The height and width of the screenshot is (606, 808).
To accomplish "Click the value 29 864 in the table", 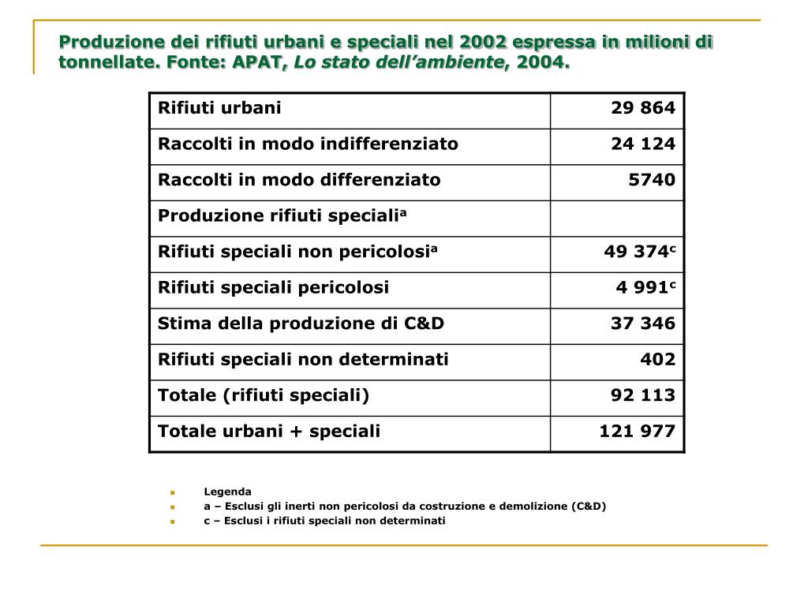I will pyautogui.click(x=643, y=108).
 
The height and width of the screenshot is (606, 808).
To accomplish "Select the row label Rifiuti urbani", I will pyautogui.click(x=219, y=108).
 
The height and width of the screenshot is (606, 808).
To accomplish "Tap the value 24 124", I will pyautogui.click(x=643, y=144).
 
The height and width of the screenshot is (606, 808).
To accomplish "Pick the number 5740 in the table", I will pyautogui.click(x=652, y=180).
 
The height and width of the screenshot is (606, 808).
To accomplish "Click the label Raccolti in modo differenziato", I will pyautogui.click(x=299, y=180).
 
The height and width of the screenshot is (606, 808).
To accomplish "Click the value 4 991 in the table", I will pyautogui.click(x=642, y=287).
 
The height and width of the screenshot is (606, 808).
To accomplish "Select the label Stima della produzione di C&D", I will pyautogui.click(x=301, y=324).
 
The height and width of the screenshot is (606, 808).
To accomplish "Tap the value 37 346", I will pyautogui.click(x=643, y=324).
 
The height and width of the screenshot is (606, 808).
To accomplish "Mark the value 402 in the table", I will pyautogui.click(x=658, y=360).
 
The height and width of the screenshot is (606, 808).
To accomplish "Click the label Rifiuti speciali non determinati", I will pyautogui.click(x=303, y=360).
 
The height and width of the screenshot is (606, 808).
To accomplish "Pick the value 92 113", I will pyautogui.click(x=643, y=395).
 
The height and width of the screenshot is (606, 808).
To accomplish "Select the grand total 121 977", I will pyautogui.click(x=638, y=431).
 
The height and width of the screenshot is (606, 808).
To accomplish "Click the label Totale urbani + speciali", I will pyautogui.click(x=269, y=431).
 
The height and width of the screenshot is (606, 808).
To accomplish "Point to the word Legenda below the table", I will pyautogui.click(x=227, y=492).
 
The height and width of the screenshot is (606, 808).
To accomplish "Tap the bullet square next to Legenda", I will pyautogui.click(x=170, y=492).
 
